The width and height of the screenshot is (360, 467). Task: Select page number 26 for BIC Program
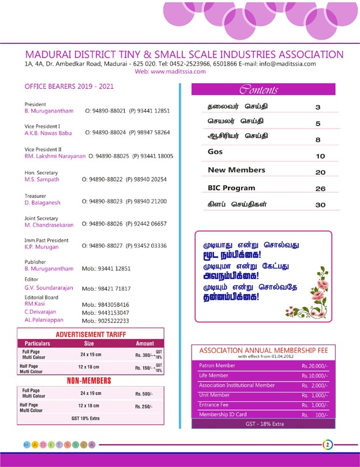click(x=320, y=189)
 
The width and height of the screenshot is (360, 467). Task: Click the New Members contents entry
click(x=237, y=170)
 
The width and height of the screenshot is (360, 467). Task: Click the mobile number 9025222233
click(x=106, y=321)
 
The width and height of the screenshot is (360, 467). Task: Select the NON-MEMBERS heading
click(x=89, y=381)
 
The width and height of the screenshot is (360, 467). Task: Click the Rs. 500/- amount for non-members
click(x=144, y=394)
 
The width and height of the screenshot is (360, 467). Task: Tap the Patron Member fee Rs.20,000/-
click(x=314, y=366)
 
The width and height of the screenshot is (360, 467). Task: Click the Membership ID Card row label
click(x=223, y=415)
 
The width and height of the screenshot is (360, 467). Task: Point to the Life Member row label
click(x=214, y=375)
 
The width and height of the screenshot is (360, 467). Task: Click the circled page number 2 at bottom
click(x=327, y=445)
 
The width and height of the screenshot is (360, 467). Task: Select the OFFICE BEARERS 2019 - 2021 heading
click(x=69, y=86)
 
